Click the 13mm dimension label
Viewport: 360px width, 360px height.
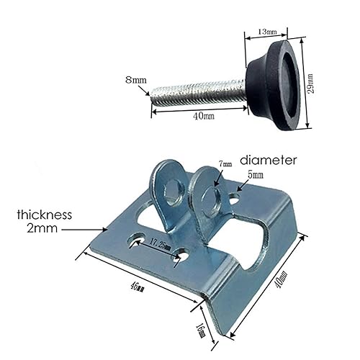(268, 32)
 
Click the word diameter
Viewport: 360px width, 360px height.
(280, 161)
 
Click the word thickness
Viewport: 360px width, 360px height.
(46, 214)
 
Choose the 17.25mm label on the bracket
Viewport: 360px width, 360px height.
(160, 246)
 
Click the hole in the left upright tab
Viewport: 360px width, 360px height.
(173, 192)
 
